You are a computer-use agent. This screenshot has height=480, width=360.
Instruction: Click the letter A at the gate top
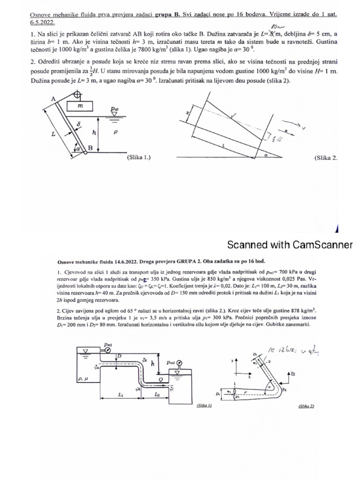pyautogui.click(x=53, y=99)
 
